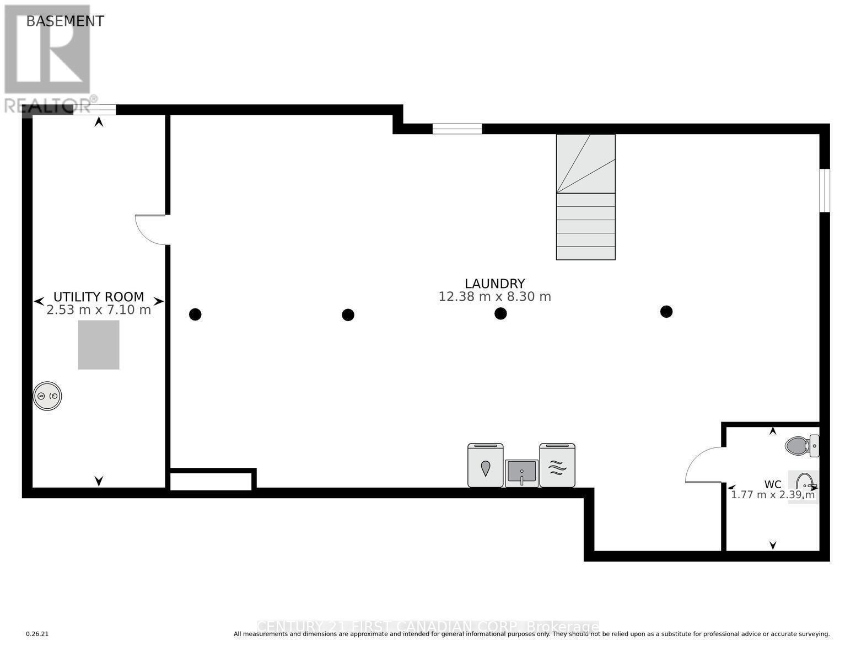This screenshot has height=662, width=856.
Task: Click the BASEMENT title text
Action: click(65, 21)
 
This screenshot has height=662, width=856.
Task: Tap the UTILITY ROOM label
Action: click(99, 296)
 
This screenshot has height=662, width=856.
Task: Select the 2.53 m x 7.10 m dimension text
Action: click(99, 310)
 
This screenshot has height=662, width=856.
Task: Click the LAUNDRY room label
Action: click(494, 284)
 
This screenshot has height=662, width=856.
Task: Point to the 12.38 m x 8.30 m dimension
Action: click(494, 297)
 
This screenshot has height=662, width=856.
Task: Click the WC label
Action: click(772, 484)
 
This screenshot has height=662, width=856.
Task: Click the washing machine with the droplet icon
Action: click(485, 466)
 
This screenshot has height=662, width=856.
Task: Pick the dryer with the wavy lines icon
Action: click(557, 466)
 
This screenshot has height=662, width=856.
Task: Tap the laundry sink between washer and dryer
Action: click(521, 473)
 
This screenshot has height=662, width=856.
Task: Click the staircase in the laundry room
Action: click(585, 197)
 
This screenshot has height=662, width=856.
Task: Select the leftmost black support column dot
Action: click(195, 314)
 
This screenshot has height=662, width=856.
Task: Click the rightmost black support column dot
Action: click(666, 312)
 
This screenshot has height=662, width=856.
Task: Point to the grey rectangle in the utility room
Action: click(99, 345)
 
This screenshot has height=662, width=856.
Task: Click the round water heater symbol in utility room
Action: click(47, 396)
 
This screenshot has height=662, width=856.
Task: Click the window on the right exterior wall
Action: click(824, 190)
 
